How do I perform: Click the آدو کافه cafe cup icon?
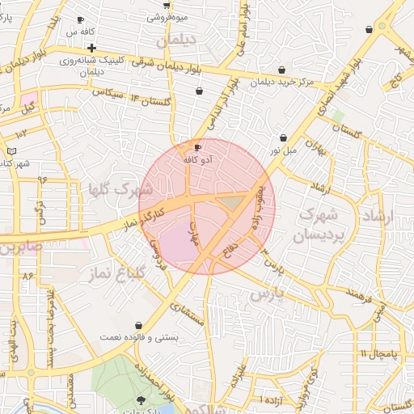pos(198,147)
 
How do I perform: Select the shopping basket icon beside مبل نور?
pos(283,138)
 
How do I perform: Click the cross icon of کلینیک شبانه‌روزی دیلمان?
pos(91,49)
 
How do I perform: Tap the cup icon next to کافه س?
pos(80,20)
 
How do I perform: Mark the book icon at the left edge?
pos(11,150)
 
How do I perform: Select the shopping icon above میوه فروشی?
pos(177,3)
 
